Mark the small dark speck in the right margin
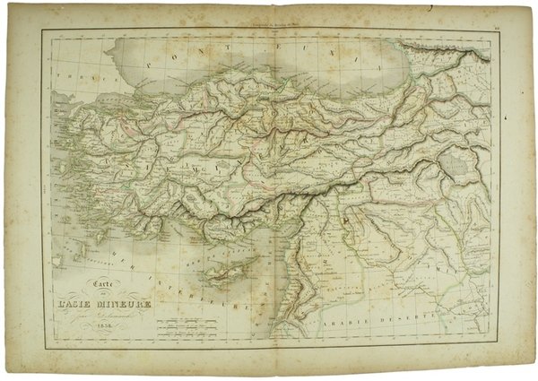point(513,115)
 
